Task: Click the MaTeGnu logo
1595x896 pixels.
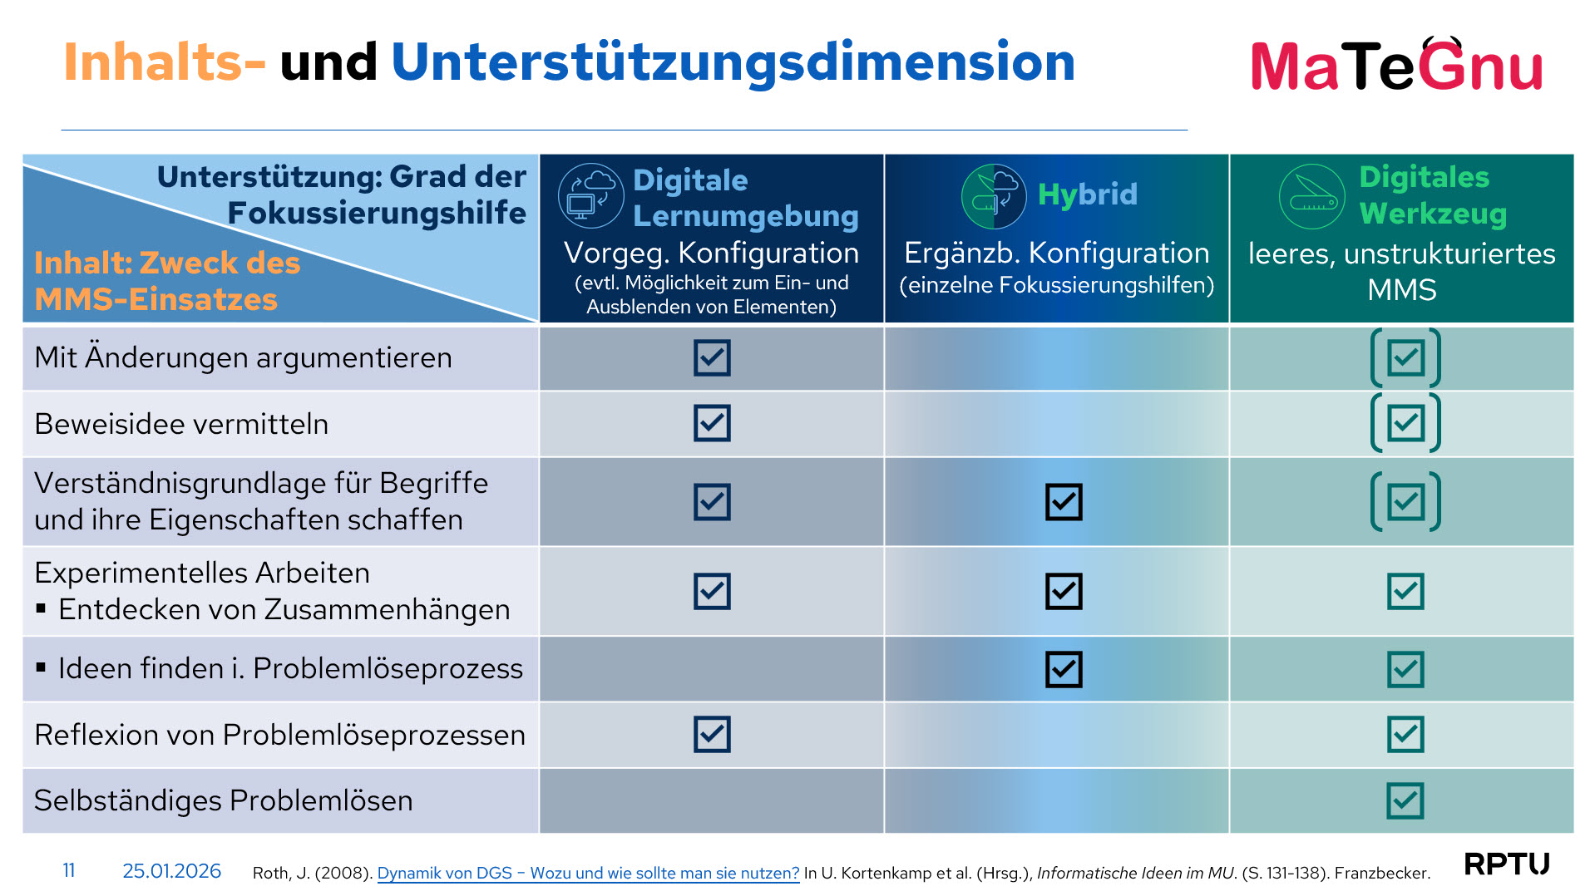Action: coord(1396,64)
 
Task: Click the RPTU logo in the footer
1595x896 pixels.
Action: coord(1507,864)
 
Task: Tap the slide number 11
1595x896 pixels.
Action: coord(69,870)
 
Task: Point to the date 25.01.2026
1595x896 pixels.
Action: coord(171,870)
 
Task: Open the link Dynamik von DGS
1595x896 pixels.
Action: coord(588,873)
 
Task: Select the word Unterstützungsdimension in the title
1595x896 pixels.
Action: coord(733,63)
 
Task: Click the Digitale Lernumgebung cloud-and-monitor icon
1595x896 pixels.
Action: coord(591,195)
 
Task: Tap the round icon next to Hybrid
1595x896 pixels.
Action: coord(994,196)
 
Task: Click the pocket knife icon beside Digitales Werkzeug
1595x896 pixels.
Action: coord(1311,197)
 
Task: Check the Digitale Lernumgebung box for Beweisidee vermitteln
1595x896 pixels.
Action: coord(712,423)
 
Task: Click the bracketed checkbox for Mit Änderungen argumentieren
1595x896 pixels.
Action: coord(1405,358)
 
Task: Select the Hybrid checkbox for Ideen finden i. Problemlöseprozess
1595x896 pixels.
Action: coord(1064,669)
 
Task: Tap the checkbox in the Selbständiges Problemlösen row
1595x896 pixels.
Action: coord(1405,800)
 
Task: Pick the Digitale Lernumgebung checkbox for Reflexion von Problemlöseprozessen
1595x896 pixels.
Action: coord(712,734)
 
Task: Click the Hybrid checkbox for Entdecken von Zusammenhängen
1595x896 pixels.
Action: coord(1064,591)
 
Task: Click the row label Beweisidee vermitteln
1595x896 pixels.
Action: coord(181,424)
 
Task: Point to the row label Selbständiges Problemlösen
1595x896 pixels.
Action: coord(223,800)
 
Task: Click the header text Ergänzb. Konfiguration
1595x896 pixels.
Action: coord(1056,253)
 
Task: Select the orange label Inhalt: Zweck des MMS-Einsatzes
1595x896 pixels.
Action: coord(167,281)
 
